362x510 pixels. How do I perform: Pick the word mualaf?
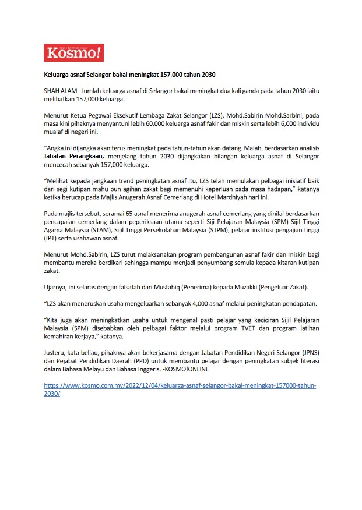point(55,132)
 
